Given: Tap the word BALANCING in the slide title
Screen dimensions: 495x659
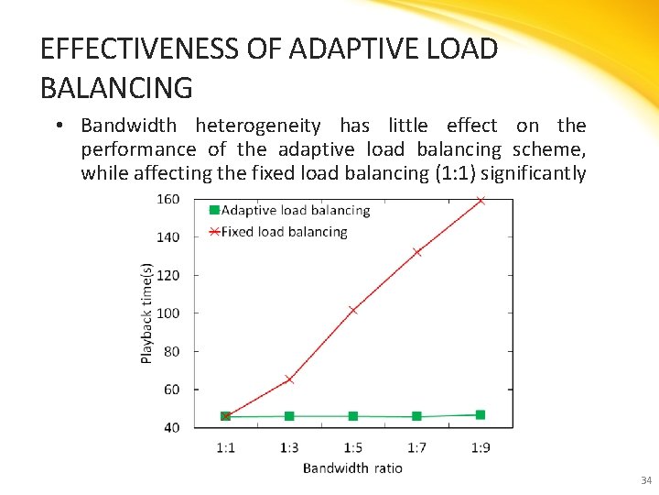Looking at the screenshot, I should pyautogui.click(x=116, y=88).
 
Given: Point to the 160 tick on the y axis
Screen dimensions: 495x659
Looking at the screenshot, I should pyautogui.click(x=167, y=199).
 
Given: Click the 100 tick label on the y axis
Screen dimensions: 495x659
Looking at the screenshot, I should pyautogui.click(x=167, y=313).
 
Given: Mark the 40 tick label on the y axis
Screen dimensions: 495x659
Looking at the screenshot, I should pyautogui.click(x=171, y=427).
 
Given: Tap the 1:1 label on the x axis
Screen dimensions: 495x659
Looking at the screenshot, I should pyautogui.click(x=225, y=447).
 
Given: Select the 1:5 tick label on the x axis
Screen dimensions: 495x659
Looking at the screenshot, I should pyautogui.click(x=353, y=447).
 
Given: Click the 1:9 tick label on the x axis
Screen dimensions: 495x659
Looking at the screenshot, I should pyautogui.click(x=481, y=447).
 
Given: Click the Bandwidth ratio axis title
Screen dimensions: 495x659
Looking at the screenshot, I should pyautogui.click(x=352, y=467).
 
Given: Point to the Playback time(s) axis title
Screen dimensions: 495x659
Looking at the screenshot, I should pyautogui.click(x=146, y=313).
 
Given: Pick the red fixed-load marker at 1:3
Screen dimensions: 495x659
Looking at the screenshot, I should pyautogui.click(x=289, y=379).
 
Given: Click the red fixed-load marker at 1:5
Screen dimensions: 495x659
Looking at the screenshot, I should pyautogui.click(x=353, y=310).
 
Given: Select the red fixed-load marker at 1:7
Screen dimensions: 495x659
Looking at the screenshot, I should pyautogui.click(x=417, y=252).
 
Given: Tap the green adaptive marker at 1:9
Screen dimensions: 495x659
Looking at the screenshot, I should pyautogui.click(x=481, y=415).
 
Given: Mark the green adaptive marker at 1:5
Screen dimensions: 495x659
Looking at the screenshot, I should pyautogui.click(x=353, y=416).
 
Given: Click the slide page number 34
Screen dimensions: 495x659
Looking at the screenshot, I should pyautogui.click(x=646, y=480).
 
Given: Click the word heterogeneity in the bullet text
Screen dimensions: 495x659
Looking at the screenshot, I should pyautogui.click(x=258, y=126).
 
